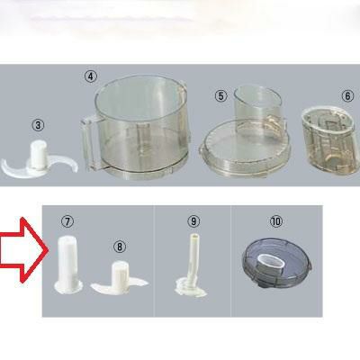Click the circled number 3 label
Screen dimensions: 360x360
point(38,125)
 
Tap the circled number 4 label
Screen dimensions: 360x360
point(91,76)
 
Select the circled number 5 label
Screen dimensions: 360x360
point(221,96)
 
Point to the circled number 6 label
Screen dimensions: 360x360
point(347,96)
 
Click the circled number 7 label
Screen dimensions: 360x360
point(67,221)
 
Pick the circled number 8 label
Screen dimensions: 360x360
point(120,247)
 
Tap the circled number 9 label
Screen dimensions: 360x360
point(193,221)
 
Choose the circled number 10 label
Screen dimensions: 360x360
point(276,221)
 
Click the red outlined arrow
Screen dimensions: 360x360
point(21,250)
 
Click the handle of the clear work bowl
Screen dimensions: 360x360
point(87,141)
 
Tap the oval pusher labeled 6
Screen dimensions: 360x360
point(330,139)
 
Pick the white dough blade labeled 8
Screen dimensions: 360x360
point(120,278)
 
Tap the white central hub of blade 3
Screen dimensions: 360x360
point(38,155)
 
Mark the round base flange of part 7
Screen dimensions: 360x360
point(68,287)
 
